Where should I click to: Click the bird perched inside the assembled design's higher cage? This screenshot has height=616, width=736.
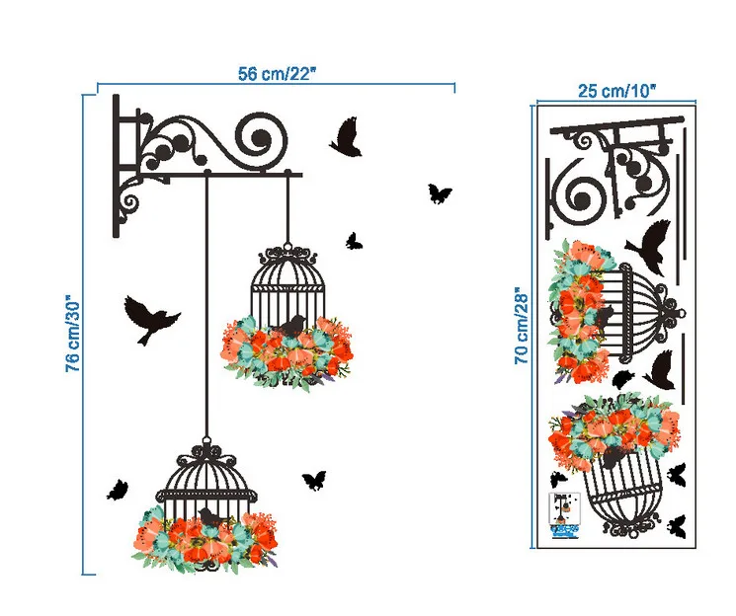(291, 325)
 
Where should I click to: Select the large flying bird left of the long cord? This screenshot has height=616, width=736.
(150, 317)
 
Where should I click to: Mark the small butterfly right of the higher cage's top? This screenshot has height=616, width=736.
(353, 240)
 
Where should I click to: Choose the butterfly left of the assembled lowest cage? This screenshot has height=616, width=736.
(118, 489)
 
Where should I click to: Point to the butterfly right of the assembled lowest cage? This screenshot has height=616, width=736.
(314, 479)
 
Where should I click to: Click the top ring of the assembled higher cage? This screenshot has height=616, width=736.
(286, 248)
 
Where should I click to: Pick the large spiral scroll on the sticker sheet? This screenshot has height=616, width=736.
(582, 194)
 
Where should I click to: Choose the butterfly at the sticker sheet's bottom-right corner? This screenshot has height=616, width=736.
(678, 525)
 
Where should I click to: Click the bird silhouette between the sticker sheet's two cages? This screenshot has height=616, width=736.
(660, 368)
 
